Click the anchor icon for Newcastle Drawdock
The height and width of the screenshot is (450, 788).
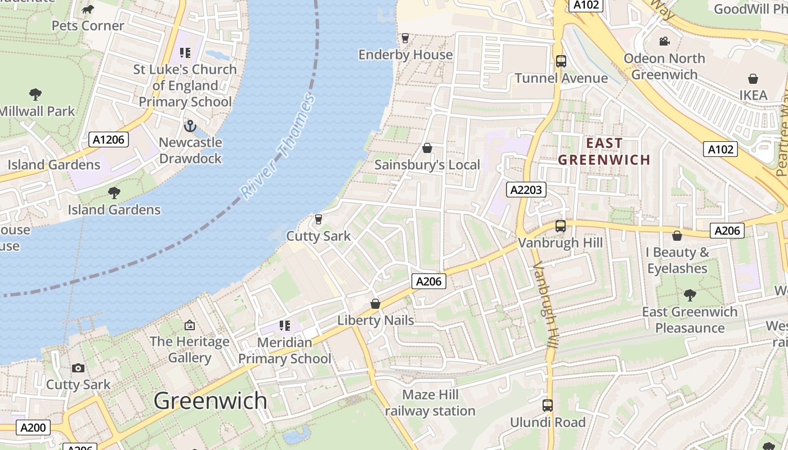pos(190,125)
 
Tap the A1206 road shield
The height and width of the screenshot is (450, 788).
pos(109,139)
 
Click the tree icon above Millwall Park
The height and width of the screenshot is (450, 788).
pos(35,94)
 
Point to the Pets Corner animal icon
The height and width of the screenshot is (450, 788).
pos(88,9)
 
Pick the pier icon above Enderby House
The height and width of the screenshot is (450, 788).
pos(405,38)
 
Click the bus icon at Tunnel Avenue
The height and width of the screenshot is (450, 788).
pos(561,61)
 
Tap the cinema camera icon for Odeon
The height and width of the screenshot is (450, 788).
pos(664,41)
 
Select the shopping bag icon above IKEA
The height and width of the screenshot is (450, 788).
pos(753,78)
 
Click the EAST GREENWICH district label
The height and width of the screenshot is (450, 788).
pos(604,151)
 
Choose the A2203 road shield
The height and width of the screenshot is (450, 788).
pos(526,190)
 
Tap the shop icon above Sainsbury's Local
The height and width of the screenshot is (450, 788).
pos(427,148)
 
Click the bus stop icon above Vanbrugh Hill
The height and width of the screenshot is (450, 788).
pos(560,226)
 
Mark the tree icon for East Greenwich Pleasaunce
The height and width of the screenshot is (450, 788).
pos(689,295)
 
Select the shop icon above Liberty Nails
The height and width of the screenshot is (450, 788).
pos(375,304)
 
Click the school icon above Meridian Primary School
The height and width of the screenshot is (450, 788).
pos(285,325)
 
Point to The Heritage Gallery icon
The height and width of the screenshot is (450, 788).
pos(190,325)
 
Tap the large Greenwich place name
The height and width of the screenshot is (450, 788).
pos(211,400)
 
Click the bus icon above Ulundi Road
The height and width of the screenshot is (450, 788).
pos(548,405)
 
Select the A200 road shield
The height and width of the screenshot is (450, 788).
pos(33,427)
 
